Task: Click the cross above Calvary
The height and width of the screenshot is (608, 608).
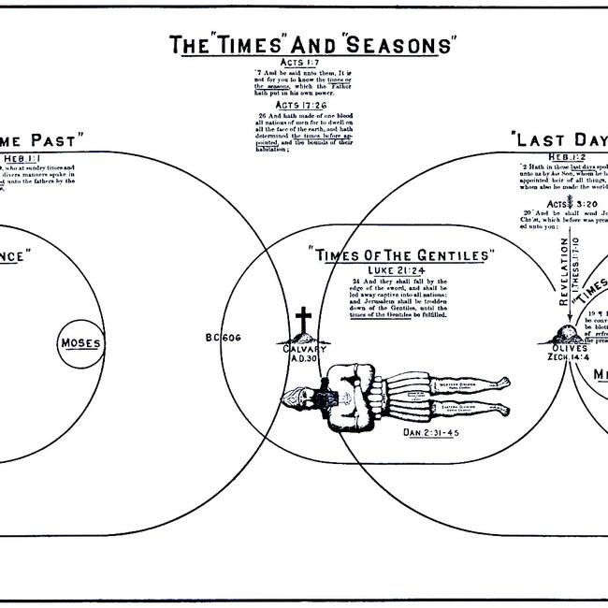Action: tap(302, 324)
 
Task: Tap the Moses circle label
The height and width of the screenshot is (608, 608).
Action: tap(80, 342)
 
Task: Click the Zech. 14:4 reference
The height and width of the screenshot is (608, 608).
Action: tap(569, 356)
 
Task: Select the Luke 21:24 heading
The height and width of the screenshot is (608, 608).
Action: tap(402, 269)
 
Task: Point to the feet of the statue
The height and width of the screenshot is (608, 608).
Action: tap(501, 396)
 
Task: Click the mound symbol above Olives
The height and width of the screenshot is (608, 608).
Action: tap(569, 334)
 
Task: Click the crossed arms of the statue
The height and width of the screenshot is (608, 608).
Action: tap(359, 394)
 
